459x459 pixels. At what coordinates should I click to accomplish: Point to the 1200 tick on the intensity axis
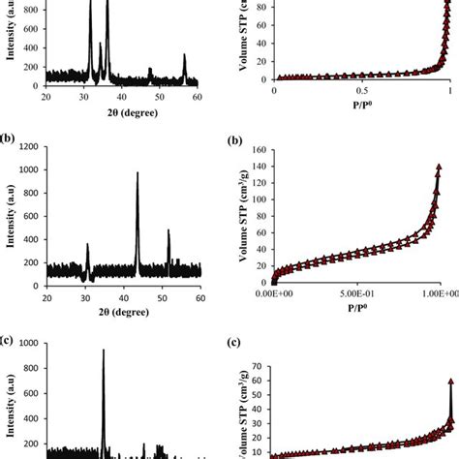coord(29,147)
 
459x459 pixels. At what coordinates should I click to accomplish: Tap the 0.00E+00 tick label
coord(275,296)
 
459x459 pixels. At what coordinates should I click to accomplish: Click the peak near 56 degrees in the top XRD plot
coord(184,57)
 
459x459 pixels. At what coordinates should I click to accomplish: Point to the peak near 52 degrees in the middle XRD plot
coord(168,231)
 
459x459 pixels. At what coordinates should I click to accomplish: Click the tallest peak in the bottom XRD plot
coord(103,351)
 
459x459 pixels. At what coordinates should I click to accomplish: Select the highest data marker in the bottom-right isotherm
coord(451,382)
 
